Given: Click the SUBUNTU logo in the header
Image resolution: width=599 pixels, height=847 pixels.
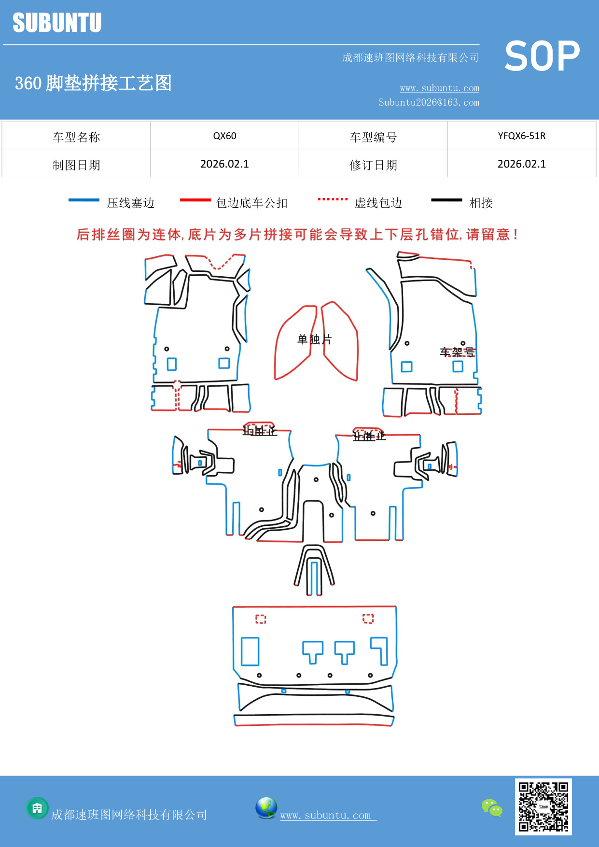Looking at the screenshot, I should (57, 23).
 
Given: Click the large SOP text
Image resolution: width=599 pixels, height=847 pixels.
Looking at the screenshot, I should (542, 56).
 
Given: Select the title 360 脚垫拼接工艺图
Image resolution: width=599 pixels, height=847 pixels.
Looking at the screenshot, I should (93, 83).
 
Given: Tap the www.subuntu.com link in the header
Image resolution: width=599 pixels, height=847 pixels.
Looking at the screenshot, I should (439, 88).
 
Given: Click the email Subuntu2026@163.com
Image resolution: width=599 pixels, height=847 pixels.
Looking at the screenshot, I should (429, 102).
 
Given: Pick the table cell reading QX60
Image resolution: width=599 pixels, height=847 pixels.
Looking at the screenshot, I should (224, 136).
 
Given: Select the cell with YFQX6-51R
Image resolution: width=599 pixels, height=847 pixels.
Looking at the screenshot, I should (521, 136).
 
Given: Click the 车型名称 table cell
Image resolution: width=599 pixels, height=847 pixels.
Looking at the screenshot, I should (76, 137).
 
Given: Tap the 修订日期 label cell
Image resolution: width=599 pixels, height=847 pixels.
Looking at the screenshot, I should (373, 165).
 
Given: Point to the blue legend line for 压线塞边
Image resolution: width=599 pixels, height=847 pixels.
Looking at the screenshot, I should (84, 200).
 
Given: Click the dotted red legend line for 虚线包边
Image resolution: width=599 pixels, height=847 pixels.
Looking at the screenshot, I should (333, 199).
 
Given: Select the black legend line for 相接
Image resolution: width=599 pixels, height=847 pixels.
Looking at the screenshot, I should (446, 200).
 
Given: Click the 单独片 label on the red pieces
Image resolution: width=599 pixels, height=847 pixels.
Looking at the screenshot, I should (314, 339).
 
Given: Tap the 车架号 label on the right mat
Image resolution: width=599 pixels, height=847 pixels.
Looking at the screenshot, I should (457, 352).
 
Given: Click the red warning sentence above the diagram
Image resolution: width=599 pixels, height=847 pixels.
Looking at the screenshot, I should (297, 235).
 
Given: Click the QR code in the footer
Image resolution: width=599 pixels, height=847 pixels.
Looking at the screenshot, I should (543, 806).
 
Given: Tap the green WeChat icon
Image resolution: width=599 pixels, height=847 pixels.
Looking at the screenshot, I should (492, 807).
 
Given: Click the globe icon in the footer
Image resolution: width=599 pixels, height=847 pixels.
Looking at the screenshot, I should (266, 808).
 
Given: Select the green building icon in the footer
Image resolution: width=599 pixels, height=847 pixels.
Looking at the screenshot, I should (37, 808).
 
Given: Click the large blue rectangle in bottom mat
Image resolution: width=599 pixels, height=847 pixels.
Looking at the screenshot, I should (250, 651).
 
